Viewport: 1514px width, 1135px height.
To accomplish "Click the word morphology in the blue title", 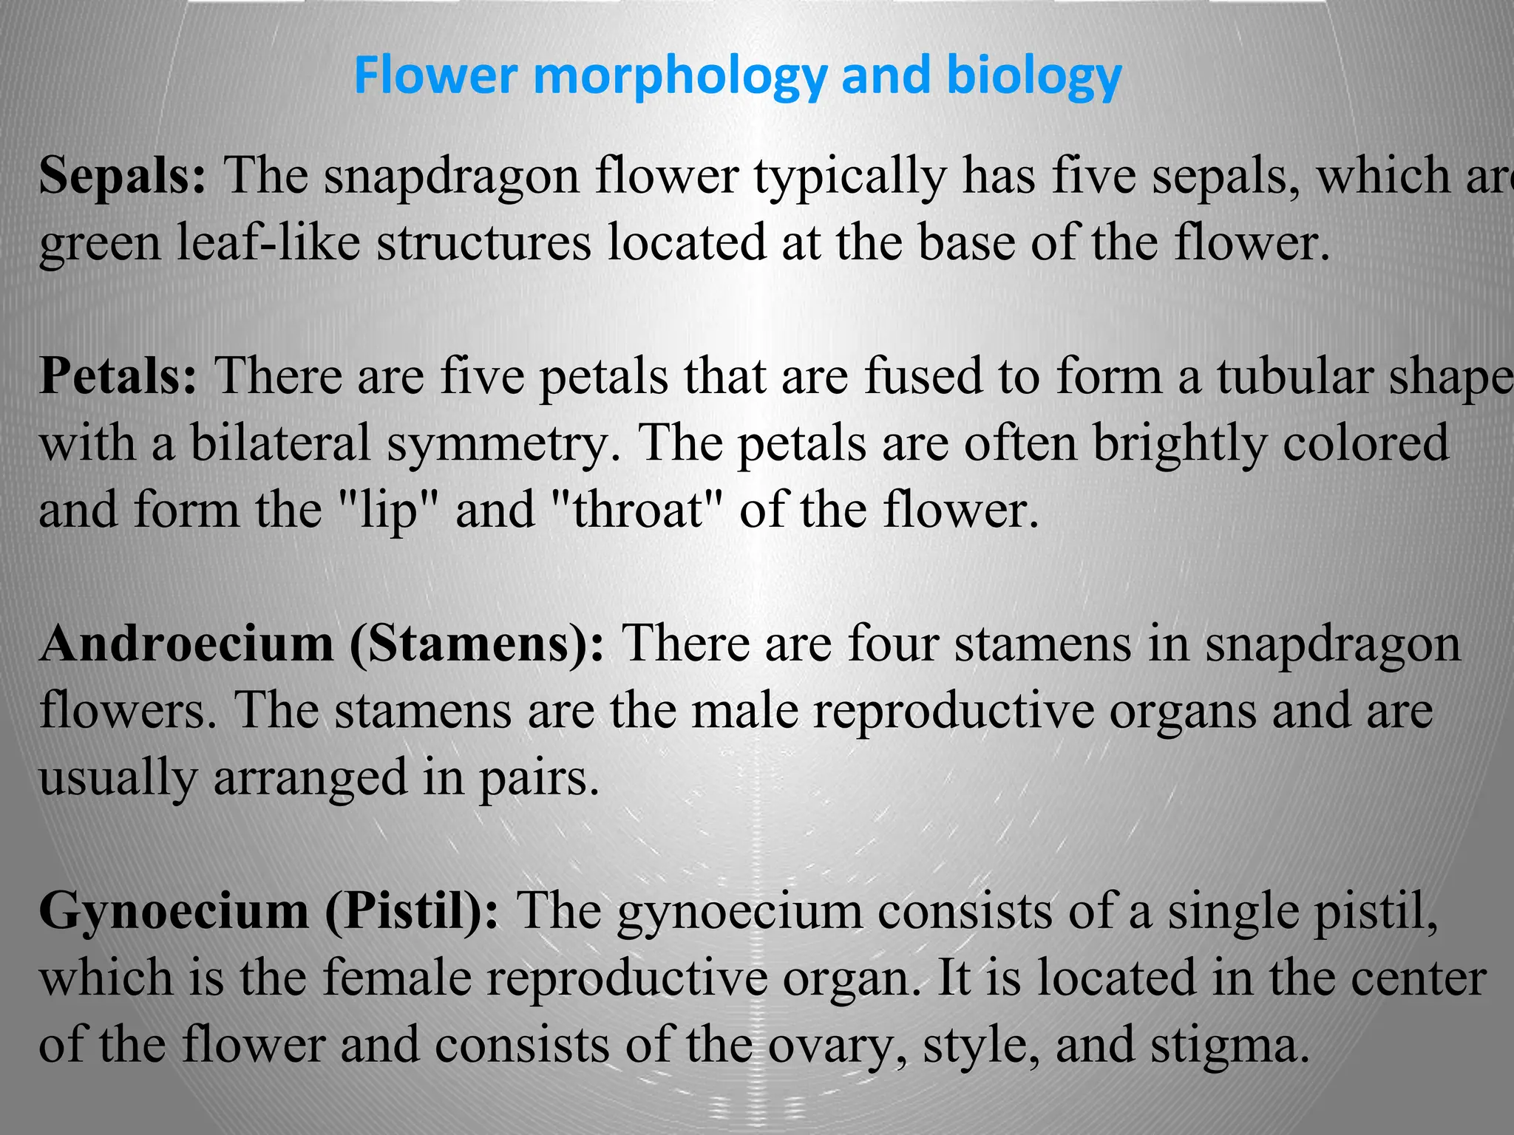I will click(679, 77).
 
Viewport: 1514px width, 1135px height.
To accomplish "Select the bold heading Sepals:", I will click(123, 176).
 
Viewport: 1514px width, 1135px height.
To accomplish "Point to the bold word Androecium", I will click(186, 643).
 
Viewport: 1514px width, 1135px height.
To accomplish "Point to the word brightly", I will click(1179, 443).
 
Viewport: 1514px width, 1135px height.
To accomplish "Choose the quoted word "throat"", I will click(637, 510).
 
